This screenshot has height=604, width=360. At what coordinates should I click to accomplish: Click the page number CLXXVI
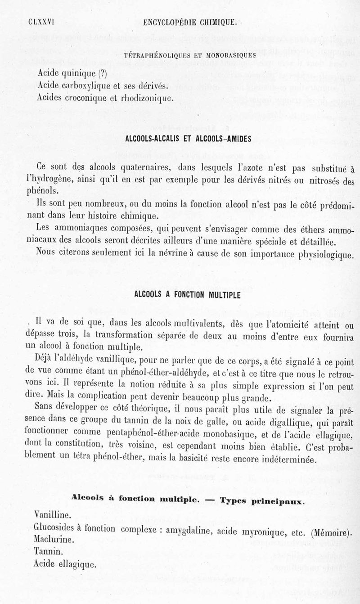(41, 21)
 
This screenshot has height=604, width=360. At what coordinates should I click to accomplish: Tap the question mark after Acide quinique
(103, 73)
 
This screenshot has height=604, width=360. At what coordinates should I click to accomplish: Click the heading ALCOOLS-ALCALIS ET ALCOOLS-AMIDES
(189, 139)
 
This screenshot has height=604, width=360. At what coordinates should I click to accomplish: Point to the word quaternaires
(142, 168)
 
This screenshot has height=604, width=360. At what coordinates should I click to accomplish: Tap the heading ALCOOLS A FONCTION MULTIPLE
(188, 295)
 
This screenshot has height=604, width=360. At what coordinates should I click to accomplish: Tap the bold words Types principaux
(263, 500)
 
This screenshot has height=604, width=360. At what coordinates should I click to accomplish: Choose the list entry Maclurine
(52, 539)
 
